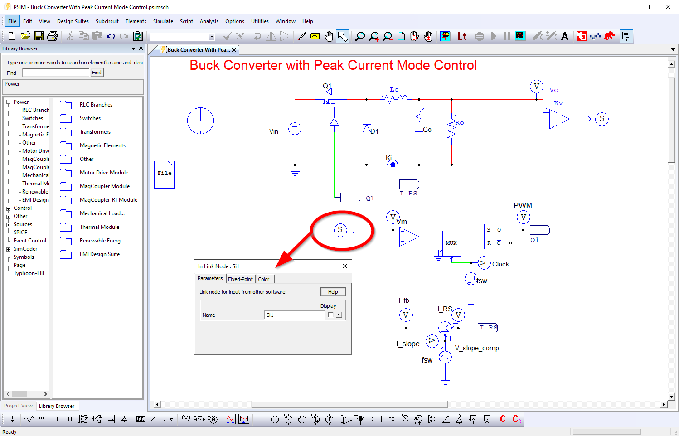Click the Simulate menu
(x=163, y=21)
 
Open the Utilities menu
(x=259, y=21)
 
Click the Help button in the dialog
(x=333, y=292)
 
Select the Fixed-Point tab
(x=240, y=279)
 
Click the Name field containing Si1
(x=294, y=315)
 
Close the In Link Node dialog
(x=345, y=266)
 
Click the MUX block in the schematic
(x=451, y=243)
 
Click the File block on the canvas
(x=164, y=174)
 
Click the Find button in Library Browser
(x=97, y=73)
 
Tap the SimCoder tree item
(x=25, y=249)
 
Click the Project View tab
(x=18, y=406)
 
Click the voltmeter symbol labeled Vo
(x=537, y=87)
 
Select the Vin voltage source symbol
(x=295, y=129)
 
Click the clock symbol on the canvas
(x=200, y=121)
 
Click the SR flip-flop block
(x=494, y=236)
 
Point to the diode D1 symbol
(x=367, y=129)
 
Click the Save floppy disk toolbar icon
(x=39, y=36)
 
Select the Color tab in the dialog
(x=263, y=279)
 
